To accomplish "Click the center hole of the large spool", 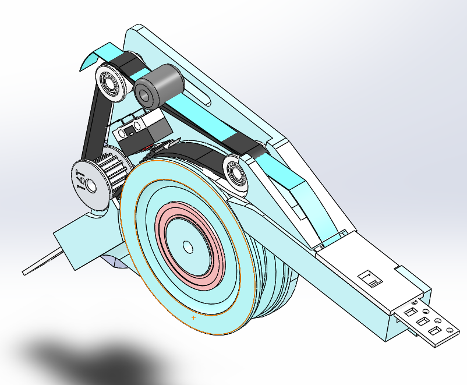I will [x=188, y=247].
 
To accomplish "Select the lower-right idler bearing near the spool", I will [x=236, y=172].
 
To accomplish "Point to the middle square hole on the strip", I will [x=423, y=321].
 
